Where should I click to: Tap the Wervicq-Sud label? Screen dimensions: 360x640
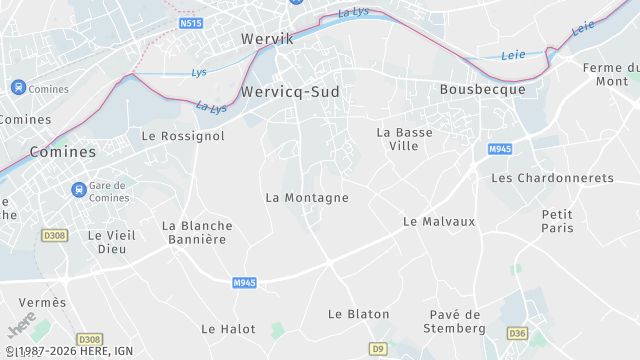tap(290, 91)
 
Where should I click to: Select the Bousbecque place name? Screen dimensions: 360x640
tap(483, 89)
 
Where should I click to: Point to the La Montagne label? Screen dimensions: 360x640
tap(307, 198)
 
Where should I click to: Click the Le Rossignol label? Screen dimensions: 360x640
tap(183, 136)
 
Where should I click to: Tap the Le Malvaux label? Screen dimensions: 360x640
tap(438, 221)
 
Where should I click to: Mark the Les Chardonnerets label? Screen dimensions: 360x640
tap(552, 178)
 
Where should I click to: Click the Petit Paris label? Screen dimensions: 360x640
tap(557, 221)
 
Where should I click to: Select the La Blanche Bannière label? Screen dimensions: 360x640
tap(197, 233)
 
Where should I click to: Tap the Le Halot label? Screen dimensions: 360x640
tap(228, 329)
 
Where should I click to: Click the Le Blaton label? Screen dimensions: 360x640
tap(359, 314)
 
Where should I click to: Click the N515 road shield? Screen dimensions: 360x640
tap(191, 22)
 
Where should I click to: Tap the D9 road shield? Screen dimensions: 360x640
tap(377, 349)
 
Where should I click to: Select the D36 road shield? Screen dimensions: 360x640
tap(516, 333)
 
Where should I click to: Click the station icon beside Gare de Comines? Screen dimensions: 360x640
tap(78, 189)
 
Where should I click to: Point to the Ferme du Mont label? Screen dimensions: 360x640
tap(610, 74)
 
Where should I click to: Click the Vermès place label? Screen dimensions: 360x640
tap(42, 303)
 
